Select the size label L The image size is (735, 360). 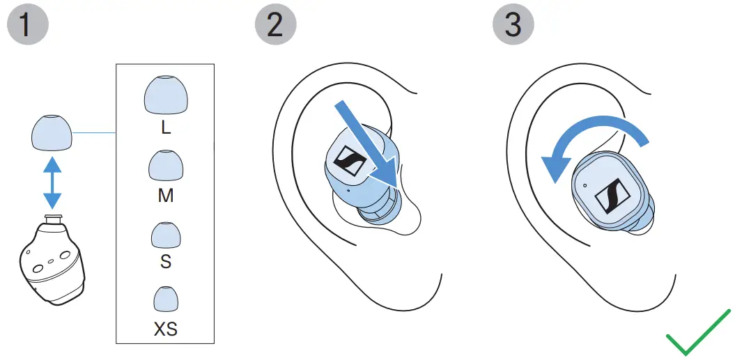(x=165, y=128)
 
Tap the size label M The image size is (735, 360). (x=165, y=196)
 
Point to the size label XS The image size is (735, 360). (x=165, y=329)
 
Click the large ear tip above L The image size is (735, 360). (x=165, y=95)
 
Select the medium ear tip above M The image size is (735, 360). (x=165, y=167)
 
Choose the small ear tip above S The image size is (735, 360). (x=165, y=236)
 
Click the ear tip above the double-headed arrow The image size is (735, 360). (x=52, y=133)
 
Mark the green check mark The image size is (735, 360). (x=697, y=334)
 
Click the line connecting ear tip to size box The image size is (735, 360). (x=93, y=132)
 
